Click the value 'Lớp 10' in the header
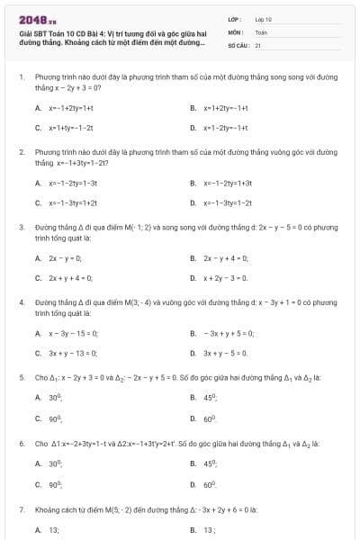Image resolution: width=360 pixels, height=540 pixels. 263,19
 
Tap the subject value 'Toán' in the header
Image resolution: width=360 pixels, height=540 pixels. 261,31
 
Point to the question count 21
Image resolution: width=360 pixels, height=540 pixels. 257,44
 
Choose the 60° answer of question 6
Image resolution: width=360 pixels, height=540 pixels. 211,484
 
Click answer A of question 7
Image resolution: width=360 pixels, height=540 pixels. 54,530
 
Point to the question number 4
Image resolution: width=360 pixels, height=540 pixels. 21,302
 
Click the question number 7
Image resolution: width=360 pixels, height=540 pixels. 21,509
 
